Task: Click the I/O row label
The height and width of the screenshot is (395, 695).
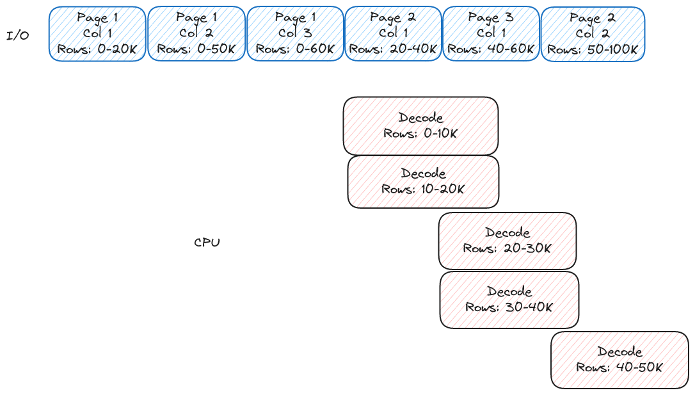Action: pyautogui.click(x=18, y=36)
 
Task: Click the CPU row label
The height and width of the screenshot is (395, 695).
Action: pyautogui.click(x=207, y=243)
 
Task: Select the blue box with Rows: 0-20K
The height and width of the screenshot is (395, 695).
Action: pyautogui.click(x=97, y=34)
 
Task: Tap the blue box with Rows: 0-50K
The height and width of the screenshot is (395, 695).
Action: pyautogui.click(x=196, y=34)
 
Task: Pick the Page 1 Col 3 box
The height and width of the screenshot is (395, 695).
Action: pyautogui.click(x=295, y=34)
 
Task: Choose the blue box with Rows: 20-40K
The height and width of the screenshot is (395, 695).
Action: pyautogui.click(x=394, y=34)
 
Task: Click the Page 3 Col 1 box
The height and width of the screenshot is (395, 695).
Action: pyautogui.click(x=491, y=34)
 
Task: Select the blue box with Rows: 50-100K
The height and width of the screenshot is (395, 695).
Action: pyautogui.click(x=593, y=34)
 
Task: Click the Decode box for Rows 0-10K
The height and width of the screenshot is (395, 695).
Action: pyautogui.click(x=420, y=126)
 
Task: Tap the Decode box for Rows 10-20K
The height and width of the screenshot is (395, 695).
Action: pyautogui.click(x=423, y=182)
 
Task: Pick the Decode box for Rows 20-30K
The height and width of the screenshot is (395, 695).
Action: pyautogui.click(x=507, y=241)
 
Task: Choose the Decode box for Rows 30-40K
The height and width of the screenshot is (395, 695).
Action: pyautogui.click(x=509, y=300)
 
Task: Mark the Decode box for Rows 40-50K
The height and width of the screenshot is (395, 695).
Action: pyautogui.click(x=619, y=360)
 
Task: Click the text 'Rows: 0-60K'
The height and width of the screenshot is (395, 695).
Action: pyautogui.click(x=295, y=49)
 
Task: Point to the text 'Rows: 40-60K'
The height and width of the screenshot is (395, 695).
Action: pyautogui.click(x=491, y=49)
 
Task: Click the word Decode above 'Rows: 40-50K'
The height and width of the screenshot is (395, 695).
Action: pyautogui.click(x=619, y=351)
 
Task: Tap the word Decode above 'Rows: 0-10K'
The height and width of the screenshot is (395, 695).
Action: pyautogui.click(x=420, y=118)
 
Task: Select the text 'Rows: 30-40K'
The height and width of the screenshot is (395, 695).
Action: pyautogui.click(x=509, y=307)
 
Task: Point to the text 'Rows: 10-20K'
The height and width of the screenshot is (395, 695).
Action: pyautogui.click(x=423, y=189)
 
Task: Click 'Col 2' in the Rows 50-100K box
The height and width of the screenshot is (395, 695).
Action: pyautogui.click(x=593, y=34)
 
